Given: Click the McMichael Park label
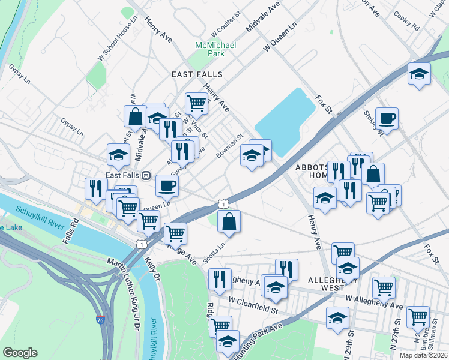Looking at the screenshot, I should coord(208,49).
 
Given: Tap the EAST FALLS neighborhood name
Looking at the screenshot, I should coord(197,74).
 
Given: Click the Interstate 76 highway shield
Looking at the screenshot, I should coord(100,321).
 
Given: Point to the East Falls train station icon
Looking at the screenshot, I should coord(145,175).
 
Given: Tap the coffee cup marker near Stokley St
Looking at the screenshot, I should coord(387,118).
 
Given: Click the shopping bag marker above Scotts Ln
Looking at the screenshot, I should coord(229,221).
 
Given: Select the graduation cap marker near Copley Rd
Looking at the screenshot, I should coord(419,74).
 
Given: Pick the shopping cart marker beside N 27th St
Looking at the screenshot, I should coord(418,316).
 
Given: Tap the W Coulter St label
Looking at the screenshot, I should coord(226,30).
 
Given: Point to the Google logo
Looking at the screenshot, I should coord(20,352).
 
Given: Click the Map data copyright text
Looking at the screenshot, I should coord(424,355).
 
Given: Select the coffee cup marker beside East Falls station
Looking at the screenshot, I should coord(167,184).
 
